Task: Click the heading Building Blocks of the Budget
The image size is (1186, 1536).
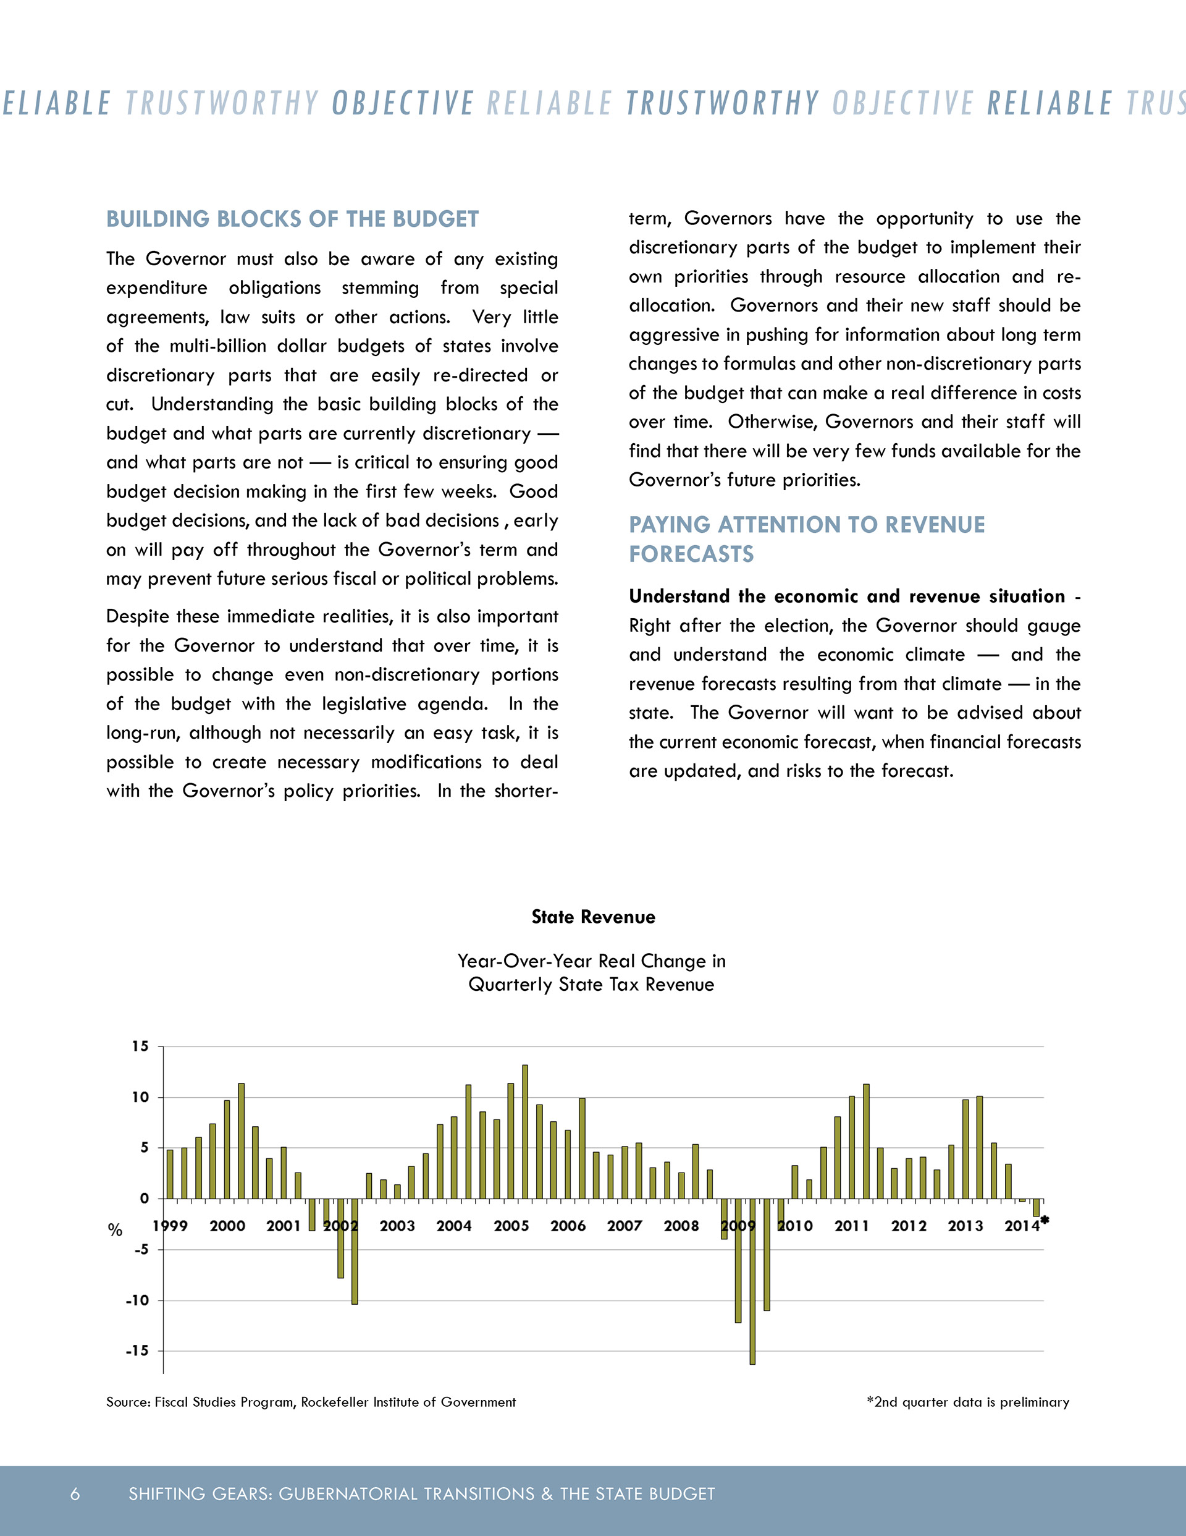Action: (x=292, y=219)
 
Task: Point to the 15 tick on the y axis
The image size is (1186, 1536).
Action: (x=141, y=1046)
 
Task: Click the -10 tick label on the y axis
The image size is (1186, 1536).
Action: (x=137, y=1301)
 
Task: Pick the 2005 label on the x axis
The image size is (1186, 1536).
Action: (x=511, y=1226)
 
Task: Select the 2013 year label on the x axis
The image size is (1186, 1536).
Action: (x=965, y=1226)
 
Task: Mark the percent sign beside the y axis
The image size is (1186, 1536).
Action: (x=115, y=1230)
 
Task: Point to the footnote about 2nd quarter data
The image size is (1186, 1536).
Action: (x=968, y=1402)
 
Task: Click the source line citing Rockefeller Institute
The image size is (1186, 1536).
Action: (x=311, y=1402)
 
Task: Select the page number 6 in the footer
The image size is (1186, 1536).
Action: (x=75, y=1494)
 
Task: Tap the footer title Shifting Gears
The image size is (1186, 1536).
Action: (x=421, y=1494)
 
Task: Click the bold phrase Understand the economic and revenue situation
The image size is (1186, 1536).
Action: (x=847, y=596)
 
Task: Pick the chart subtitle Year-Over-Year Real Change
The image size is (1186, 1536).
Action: (x=591, y=973)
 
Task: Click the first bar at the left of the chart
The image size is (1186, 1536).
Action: (x=170, y=1174)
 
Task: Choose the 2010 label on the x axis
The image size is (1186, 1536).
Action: (x=795, y=1226)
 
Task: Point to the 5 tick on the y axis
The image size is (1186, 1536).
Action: (x=143, y=1148)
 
